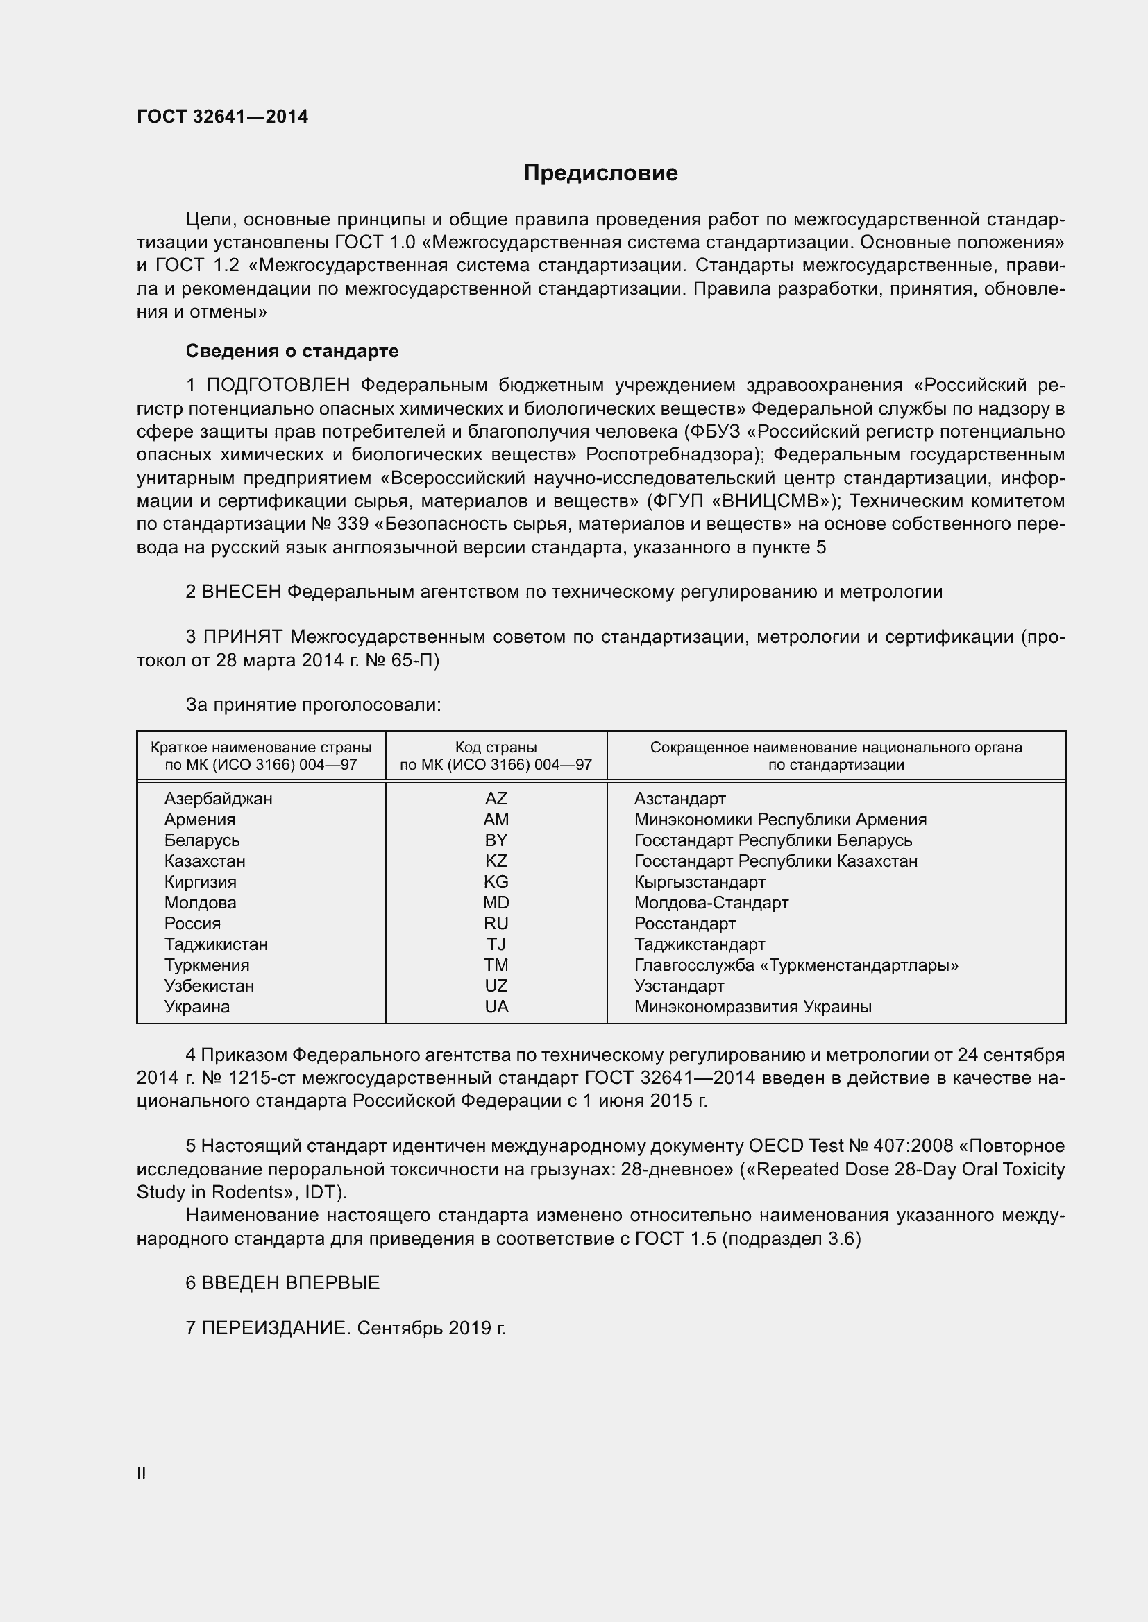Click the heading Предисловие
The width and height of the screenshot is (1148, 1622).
click(x=600, y=173)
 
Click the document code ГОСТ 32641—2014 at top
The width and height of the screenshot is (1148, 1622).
click(x=223, y=117)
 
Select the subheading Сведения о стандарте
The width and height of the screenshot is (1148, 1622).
click(x=292, y=351)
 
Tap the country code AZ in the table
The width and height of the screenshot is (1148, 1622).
click(x=496, y=798)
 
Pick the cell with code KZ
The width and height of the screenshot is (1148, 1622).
click(x=496, y=861)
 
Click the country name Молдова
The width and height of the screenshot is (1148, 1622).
click(x=200, y=902)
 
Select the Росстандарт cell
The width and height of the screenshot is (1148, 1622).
click(x=684, y=923)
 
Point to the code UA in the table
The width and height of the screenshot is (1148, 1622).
click(x=496, y=1007)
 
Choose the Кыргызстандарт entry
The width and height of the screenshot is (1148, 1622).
click(x=699, y=881)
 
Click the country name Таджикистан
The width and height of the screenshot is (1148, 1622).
click(x=216, y=944)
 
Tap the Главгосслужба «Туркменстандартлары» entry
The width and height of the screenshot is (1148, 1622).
click(x=796, y=965)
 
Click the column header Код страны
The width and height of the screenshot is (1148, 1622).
click(x=496, y=748)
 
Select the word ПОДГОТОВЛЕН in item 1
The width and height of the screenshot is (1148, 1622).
click(x=278, y=385)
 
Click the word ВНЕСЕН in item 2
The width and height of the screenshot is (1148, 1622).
click(x=242, y=592)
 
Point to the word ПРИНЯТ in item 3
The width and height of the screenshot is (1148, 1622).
click(x=243, y=637)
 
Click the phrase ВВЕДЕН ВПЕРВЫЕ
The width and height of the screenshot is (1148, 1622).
click(x=291, y=1282)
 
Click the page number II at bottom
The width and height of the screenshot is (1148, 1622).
click(x=142, y=1473)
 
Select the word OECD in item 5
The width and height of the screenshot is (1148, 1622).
click(x=775, y=1146)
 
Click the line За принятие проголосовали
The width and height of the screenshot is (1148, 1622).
click(x=313, y=705)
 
